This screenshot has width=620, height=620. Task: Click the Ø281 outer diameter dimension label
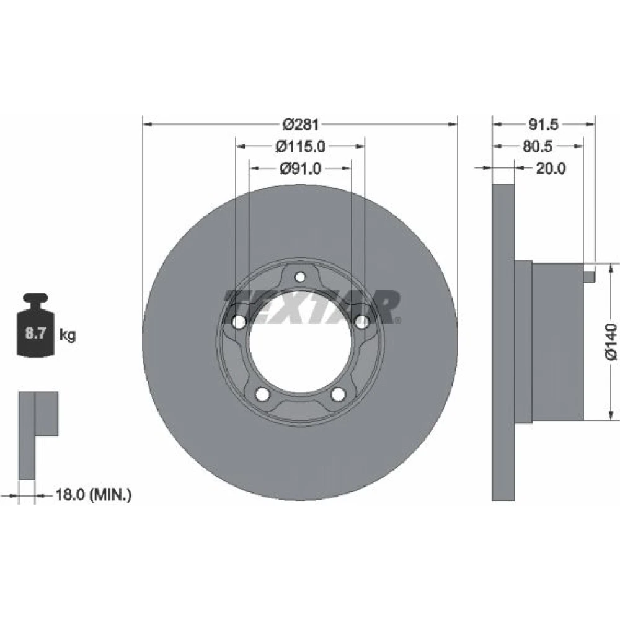301,125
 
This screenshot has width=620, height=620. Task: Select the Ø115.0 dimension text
301,147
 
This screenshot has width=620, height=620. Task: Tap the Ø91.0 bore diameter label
301,169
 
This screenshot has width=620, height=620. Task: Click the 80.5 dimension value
538,147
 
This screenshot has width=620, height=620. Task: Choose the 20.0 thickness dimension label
551,169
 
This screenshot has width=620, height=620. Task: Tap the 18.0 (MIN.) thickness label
94,494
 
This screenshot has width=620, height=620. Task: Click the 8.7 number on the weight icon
35,333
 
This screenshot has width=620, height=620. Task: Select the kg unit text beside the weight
67,335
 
